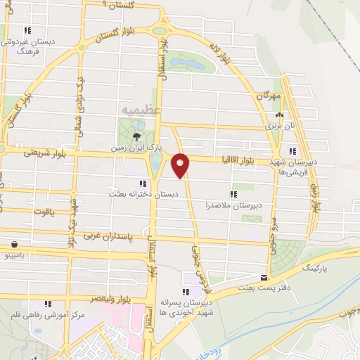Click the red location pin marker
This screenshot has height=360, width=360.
[181, 165]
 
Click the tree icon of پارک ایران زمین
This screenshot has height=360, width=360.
[136, 136]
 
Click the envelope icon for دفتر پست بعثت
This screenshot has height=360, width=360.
[264, 278]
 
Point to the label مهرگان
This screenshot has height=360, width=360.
[267, 95]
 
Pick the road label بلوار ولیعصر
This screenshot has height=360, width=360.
[115, 298]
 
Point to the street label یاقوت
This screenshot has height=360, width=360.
[44, 210]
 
